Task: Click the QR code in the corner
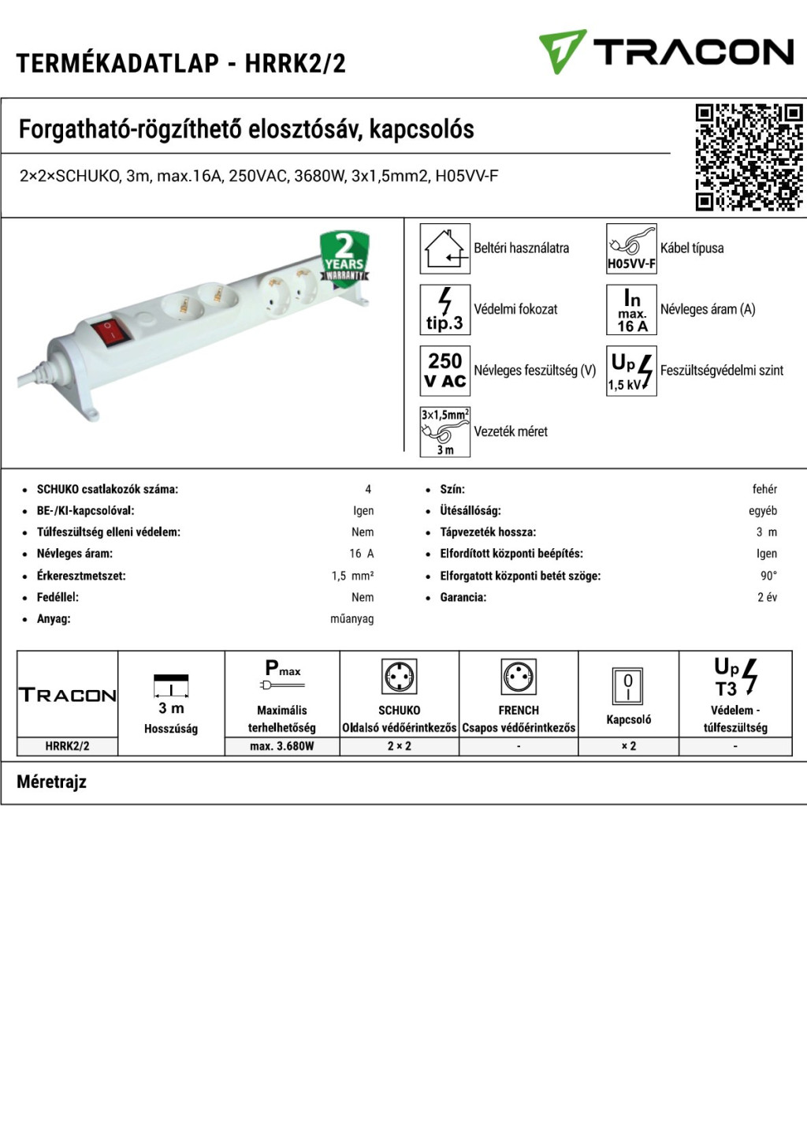[x=749, y=157]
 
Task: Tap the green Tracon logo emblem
[x=562, y=51]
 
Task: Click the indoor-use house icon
[x=444, y=248]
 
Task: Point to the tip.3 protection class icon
[x=444, y=309]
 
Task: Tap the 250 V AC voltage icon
[x=444, y=370]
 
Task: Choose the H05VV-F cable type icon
[x=631, y=248]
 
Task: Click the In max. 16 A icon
[x=631, y=309]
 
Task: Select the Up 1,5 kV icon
[x=631, y=370]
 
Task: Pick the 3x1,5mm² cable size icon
[x=444, y=431]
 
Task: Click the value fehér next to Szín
[x=764, y=489]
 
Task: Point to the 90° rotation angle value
[x=768, y=576]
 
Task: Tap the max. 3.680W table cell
[x=282, y=746]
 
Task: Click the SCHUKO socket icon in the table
[x=400, y=677]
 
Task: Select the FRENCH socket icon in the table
[x=519, y=677]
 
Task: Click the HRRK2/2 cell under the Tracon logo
[x=67, y=746]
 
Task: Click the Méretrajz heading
[x=52, y=782]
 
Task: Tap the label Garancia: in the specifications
[x=463, y=597]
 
